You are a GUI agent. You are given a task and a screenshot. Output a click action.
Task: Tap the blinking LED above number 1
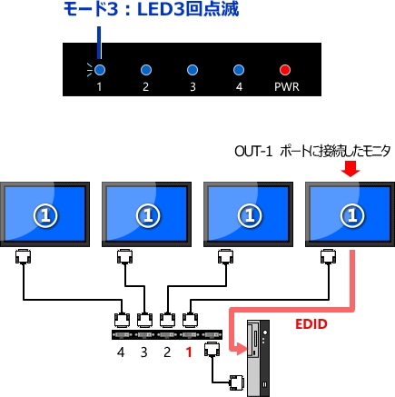pyautogui.click(x=100, y=70)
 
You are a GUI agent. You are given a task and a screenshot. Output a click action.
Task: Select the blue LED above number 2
pyautogui.click(x=145, y=70)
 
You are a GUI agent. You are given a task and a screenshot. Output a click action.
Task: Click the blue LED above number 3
pyautogui.click(x=192, y=70)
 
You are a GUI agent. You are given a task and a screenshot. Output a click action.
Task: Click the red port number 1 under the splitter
pyautogui.click(x=189, y=352)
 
